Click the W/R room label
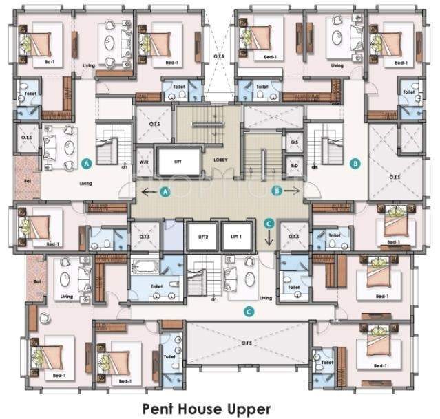pyautogui.click(x=145, y=163)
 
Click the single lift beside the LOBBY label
pyautogui.click(x=177, y=162)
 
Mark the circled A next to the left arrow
pyautogui.click(x=165, y=193)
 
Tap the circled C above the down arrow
pyautogui.click(x=270, y=223)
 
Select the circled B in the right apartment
pyautogui.click(x=355, y=164)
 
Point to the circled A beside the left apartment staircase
pyautogui.click(x=86, y=164)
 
